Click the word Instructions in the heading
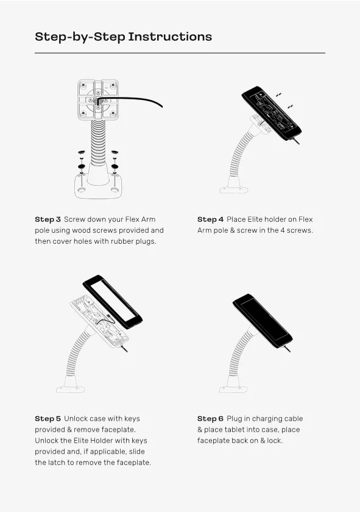pos(170,37)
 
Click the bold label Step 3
pos(48,219)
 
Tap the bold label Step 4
pos(210,219)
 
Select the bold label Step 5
pos(48,419)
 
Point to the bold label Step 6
pos(210,419)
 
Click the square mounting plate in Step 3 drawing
pos(98,99)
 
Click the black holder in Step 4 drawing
pos(272,113)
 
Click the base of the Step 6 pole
pos(233,385)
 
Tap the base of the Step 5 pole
pos(71,385)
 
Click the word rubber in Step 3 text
pos(122,241)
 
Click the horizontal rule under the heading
pos(180,53)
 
